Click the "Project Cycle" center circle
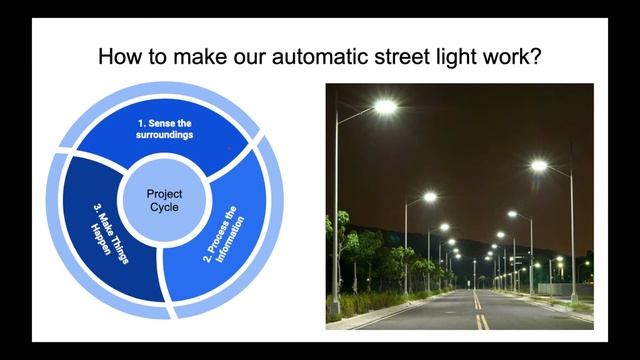164,199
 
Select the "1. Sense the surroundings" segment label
166,128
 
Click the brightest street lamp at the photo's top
385,105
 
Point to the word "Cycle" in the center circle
164,207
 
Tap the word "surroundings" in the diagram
166,134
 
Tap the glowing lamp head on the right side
540,165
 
